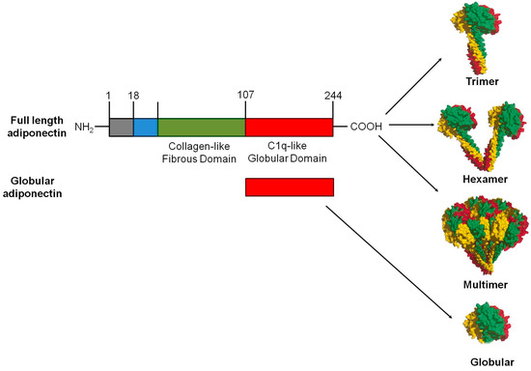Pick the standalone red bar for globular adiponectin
[289, 186]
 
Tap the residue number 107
[245, 96]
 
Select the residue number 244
[333, 96]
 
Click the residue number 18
[133, 96]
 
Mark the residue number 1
[109, 96]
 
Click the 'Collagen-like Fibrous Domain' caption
[201, 153]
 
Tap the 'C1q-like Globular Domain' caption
[290, 153]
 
